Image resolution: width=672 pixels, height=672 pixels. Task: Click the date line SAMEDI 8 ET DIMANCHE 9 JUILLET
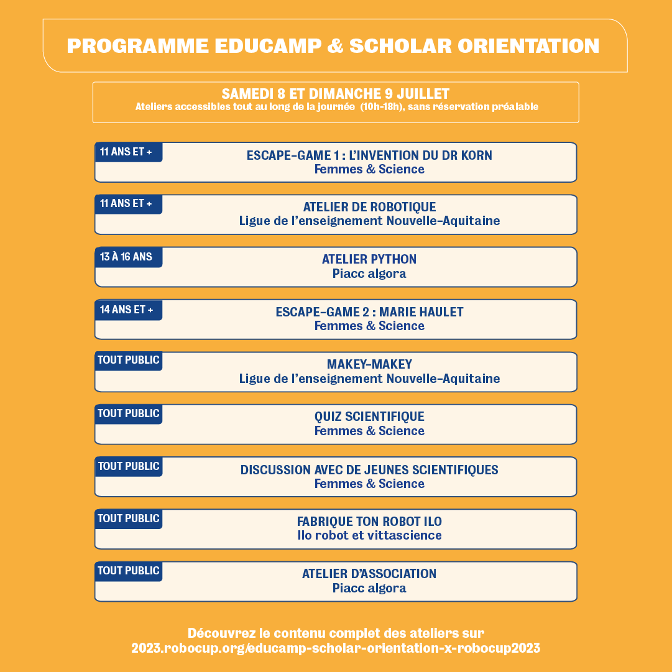pyautogui.click(x=335, y=94)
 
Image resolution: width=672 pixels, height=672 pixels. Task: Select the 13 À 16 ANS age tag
pyautogui.click(x=126, y=257)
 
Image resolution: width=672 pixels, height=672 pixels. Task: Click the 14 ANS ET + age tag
pyautogui.click(x=127, y=310)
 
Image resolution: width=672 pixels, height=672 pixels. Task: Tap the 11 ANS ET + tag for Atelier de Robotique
pyautogui.click(x=126, y=204)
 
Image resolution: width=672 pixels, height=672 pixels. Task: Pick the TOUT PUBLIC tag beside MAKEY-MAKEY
pyautogui.click(x=129, y=360)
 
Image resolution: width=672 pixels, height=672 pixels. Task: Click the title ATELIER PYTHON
pyautogui.click(x=369, y=259)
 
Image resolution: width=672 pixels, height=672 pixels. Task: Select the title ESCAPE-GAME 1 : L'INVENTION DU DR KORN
pyautogui.click(x=369, y=155)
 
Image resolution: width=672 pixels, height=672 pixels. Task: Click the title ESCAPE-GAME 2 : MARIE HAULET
pyautogui.click(x=369, y=312)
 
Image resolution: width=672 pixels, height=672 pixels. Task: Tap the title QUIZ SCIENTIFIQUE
pyautogui.click(x=369, y=417)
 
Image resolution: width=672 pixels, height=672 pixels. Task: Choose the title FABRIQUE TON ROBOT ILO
pyautogui.click(x=369, y=522)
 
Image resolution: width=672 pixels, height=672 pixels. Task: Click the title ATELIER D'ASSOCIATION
pyautogui.click(x=369, y=574)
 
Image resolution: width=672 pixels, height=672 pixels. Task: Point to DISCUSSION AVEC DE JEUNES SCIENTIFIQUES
pyautogui.click(x=369, y=470)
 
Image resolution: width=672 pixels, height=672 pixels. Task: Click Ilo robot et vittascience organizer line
pyautogui.click(x=369, y=535)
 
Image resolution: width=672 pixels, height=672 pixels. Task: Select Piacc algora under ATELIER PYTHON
pyautogui.click(x=369, y=274)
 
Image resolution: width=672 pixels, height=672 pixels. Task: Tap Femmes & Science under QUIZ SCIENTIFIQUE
pyautogui.click(x=369, y=431)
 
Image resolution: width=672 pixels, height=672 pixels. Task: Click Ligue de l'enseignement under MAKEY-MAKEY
pyautogui.click(x=369, y=379)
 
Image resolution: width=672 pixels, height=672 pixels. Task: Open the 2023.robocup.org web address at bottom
pyautogui.click(x=336, y=648)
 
